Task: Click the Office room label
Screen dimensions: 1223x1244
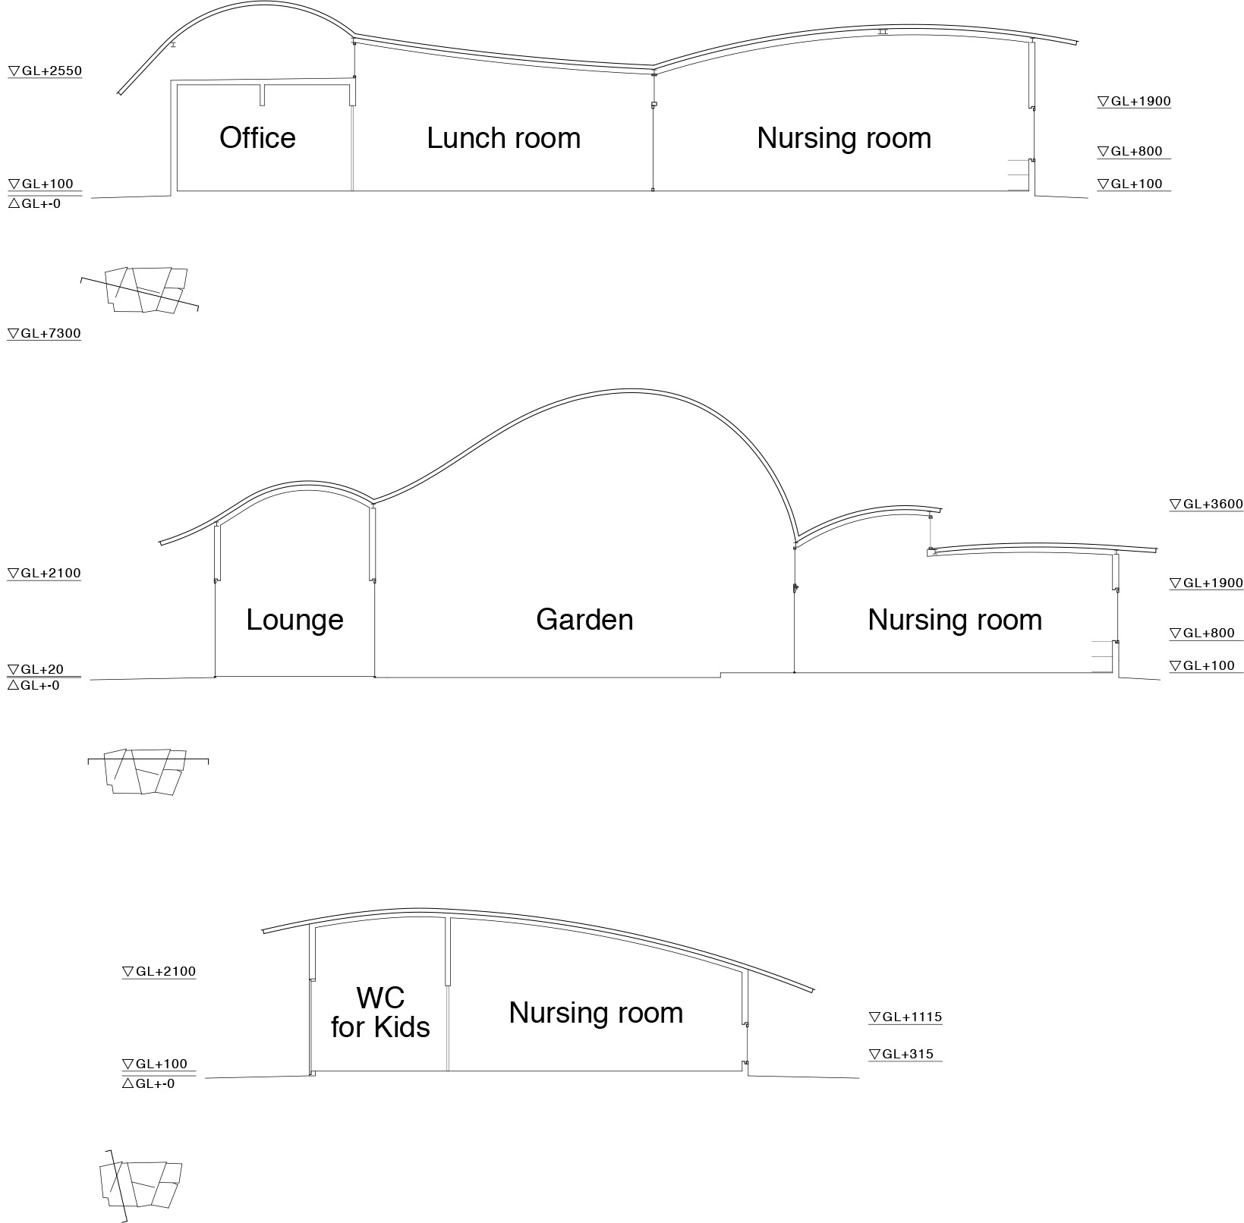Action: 257,138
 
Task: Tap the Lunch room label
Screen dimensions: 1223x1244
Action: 503,138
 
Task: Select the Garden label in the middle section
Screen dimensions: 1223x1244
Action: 584,620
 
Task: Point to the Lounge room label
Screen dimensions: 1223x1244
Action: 294,620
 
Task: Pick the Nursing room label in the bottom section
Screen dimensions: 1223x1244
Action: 596,1013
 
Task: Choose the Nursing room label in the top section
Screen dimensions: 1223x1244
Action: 844,138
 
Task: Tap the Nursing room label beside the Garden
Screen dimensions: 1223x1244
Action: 955,620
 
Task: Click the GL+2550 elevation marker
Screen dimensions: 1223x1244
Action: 45,71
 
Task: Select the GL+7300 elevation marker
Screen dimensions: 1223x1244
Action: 45,334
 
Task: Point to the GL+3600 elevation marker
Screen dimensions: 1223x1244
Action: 1206,505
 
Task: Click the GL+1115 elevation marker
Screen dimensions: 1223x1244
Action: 905,1017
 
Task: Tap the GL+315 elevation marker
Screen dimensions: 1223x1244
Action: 901,1055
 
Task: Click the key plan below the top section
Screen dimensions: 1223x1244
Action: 144,290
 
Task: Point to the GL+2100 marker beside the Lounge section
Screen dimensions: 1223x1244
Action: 45,574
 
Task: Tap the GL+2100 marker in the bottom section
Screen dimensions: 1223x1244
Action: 159,972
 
